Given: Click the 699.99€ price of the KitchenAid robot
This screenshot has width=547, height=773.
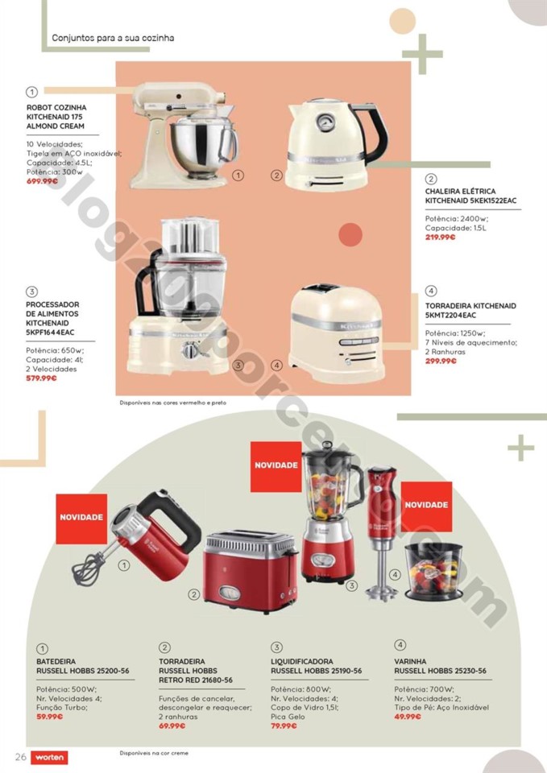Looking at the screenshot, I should [42, 181].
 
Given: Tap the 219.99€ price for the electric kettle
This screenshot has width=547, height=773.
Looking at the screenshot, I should [441, 237].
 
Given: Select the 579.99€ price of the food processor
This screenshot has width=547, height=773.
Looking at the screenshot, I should [42, 378].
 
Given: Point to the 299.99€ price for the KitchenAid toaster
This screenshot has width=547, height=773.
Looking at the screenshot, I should [441, 361].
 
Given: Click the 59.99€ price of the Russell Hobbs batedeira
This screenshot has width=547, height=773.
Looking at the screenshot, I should [49, 716].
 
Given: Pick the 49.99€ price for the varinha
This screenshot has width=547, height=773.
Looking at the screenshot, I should [408, 716].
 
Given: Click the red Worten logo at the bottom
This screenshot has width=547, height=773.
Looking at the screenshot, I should [51, 758].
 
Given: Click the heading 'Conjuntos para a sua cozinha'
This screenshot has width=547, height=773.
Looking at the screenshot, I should [113, 38].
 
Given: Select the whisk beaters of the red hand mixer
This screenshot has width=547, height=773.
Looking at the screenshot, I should [86, 568].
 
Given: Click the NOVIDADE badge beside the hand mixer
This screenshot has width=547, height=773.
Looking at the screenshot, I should [81, 516].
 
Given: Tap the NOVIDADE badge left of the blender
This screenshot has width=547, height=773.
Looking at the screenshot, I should [276, 465].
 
